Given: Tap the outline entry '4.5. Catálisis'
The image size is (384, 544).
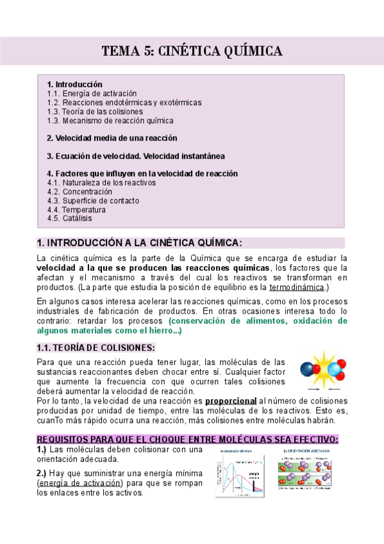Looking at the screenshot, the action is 70,218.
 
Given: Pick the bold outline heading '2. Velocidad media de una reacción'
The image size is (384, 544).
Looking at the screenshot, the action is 112,138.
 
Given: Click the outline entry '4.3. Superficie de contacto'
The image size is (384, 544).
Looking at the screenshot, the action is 92,200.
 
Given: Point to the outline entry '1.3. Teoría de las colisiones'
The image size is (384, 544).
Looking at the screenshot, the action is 95,111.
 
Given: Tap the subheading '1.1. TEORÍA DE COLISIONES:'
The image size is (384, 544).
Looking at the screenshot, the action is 96,348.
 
